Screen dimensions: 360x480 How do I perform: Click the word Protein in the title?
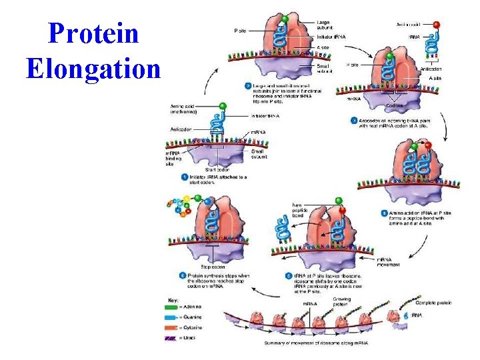[x=93, y=34]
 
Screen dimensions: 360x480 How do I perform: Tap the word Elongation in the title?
[x=93, y=68]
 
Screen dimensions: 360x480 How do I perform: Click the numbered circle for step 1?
[x=184, y=177]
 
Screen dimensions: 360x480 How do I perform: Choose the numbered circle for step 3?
[x=354, y=120]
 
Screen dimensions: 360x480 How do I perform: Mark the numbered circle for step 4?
[x=385, y=213]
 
